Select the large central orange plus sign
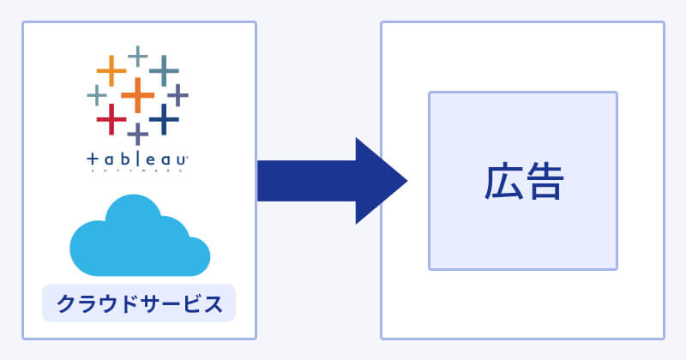coord(137,94)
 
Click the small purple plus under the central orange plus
coord(137,133)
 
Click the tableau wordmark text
coord(137,160)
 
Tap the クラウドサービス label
coord(139,303)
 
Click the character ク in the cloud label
coord(65,303)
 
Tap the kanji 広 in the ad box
coord(502,181)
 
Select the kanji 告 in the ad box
coord(544,181)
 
